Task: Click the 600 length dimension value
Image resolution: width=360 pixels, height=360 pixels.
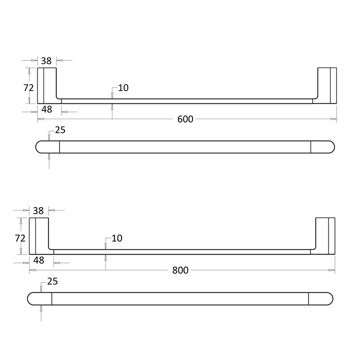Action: [x=185, y=119]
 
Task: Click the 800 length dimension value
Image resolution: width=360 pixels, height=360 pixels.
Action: [x=180, y=270]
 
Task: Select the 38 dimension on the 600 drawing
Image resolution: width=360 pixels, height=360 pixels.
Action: [x=46, y=60]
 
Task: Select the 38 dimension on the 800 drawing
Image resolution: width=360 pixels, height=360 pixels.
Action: [x=38, y=211]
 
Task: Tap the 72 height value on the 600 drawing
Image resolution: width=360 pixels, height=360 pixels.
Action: [x=29, y=87]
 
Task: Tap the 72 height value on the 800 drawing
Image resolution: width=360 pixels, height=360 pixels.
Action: [x=21, y=237]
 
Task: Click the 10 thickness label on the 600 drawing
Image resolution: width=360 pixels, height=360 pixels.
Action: [x=123, y=88]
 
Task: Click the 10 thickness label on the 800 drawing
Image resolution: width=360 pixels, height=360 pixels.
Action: [x=116, y=238]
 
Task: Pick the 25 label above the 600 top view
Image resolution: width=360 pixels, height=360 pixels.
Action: [x=60, y=130]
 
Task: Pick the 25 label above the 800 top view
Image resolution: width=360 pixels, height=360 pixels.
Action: [x=52, y=281]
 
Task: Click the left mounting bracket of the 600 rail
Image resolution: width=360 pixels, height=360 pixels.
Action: [x=46, y=85]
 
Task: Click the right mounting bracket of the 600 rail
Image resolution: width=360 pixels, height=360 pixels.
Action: [x=327, y=85]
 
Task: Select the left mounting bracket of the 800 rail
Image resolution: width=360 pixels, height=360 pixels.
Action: [x=38, y=235]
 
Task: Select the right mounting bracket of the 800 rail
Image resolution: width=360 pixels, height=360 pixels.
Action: [x=325, y=235]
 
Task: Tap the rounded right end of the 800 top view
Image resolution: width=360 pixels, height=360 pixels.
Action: [x=321, y=298]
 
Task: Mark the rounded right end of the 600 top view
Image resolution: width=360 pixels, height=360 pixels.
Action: [x=323, y=147]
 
